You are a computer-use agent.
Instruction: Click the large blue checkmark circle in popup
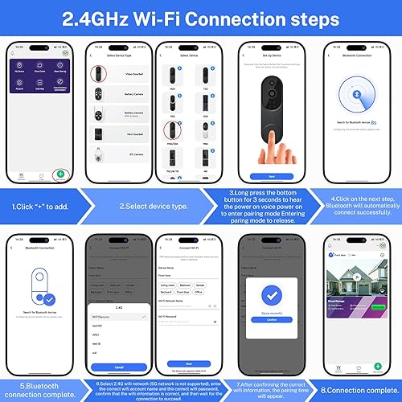(x=271, y=293)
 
